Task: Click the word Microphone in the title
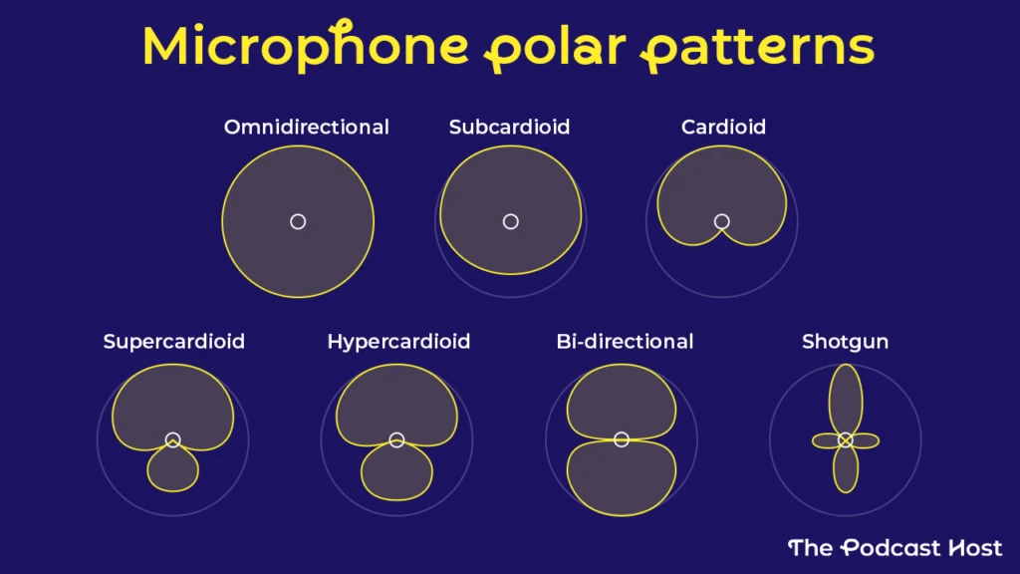point(306,46)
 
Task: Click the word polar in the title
point(555,47)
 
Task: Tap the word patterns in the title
point(758,48)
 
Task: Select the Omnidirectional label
point(307,127)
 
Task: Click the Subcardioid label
point(509,127)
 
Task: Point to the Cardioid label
point(723,127)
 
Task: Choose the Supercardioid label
point(173,342)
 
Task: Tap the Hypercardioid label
point(398,342)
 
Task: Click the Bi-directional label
point(626,342)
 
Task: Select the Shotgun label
point(845,342)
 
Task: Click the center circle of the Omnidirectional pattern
point(298,222)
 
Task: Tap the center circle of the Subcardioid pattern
point(511,222)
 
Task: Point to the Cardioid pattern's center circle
point(721,222)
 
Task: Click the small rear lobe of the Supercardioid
point(172,468)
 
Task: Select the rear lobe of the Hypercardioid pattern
point(396,473)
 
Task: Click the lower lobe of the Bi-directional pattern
point(622,478)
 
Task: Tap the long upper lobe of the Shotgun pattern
point(846,399)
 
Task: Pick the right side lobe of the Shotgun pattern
point(864,440)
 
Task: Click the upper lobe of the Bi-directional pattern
point(622,401)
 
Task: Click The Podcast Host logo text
point(895,547)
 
